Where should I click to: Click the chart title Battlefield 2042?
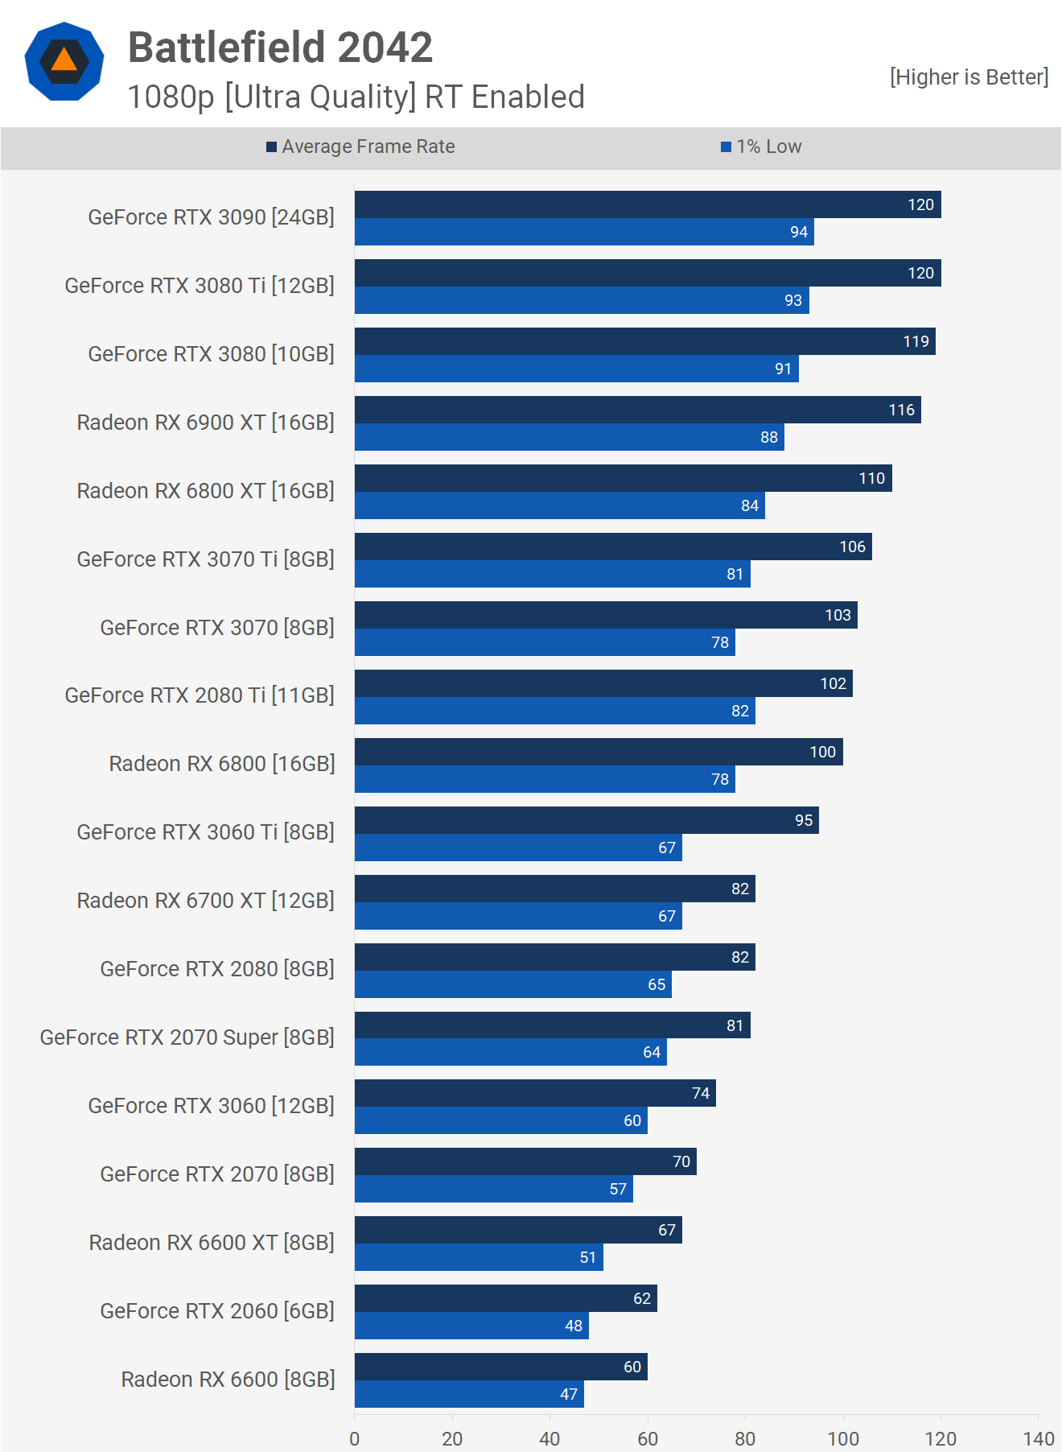(280, 47)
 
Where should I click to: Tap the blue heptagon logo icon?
(64, 61)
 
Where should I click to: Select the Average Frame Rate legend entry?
(360, 146)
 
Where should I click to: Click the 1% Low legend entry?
(761, 146)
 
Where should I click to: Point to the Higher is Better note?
(969, 77)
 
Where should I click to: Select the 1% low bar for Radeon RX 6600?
(469, 1394)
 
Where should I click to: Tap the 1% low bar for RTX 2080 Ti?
(554, 711)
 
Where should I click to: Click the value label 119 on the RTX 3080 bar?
(916, 341)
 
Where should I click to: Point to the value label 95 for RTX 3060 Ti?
(804, 820)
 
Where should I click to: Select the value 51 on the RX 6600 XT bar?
(588, 1257)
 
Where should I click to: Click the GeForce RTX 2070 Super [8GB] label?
(187, 1037)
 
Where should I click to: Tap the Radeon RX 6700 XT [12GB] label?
(206, 901)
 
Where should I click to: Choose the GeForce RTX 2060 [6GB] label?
(217, 1311)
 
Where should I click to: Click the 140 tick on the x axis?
(1038, 1439)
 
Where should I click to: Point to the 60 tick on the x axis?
(648, 1439)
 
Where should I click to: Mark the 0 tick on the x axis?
(355, 1439)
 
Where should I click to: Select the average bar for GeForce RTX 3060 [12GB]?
(535, 1093)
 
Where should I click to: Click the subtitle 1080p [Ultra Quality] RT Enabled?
(356, 97)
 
